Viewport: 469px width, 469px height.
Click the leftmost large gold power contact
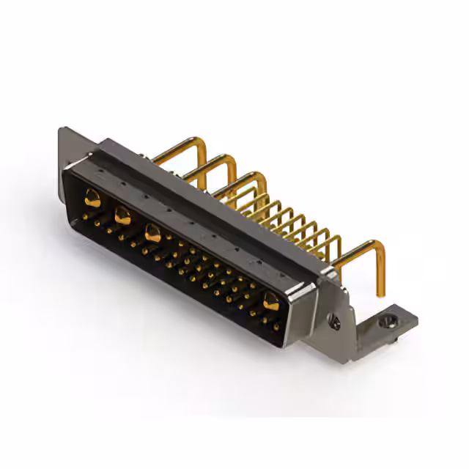pos(92,197)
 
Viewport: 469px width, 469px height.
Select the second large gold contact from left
pos(122,216)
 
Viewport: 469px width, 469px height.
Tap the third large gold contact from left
pos(153,234)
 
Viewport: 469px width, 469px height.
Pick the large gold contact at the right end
pos(271,300)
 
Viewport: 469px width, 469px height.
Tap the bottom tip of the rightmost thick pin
pos(380,293)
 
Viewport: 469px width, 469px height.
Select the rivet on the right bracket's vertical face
pos(335,320)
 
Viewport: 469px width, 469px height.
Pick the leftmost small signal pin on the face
pos(86,217)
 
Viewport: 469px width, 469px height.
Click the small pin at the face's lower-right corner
pos(276,327)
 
